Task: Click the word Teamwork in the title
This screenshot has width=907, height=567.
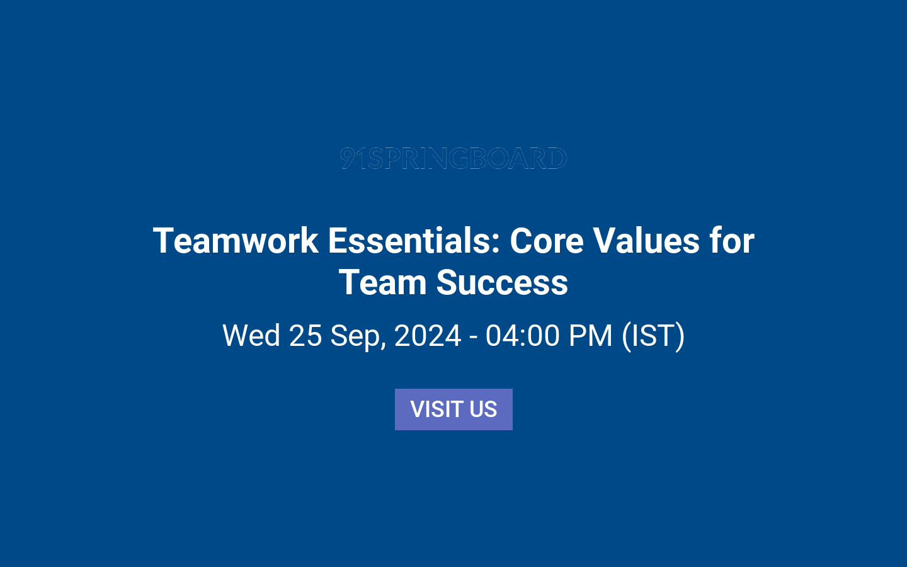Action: pos(236,241)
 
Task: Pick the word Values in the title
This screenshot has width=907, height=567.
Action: pos(646,241)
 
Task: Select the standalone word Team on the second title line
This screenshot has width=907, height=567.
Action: pos(382,282)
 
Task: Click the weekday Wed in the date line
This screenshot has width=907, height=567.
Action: pos(251,335)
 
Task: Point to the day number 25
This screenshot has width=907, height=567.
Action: pos(305,335)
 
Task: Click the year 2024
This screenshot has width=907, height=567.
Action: pos(428,335)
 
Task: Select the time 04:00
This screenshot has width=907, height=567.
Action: pos(522,335)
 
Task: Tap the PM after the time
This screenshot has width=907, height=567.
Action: pos(590,335)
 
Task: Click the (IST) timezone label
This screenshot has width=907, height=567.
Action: pos(653,335)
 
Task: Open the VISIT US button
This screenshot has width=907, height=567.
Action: pos(453,409)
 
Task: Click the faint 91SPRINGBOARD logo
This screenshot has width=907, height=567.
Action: pos(453,158)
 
